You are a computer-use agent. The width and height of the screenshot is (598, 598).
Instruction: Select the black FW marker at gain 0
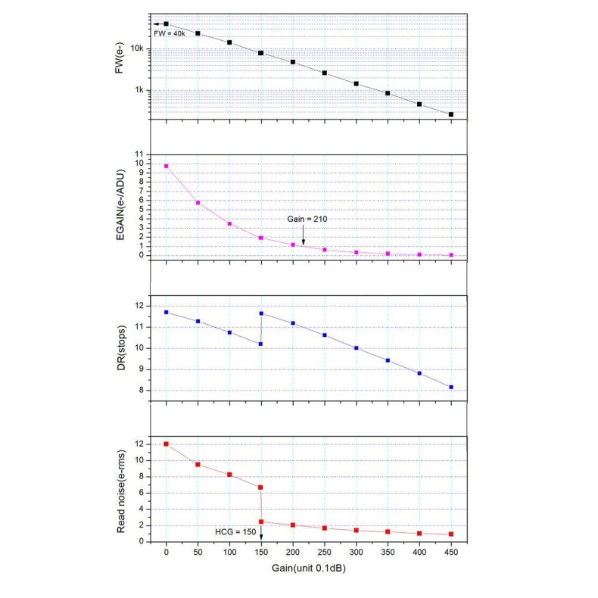point(166,24)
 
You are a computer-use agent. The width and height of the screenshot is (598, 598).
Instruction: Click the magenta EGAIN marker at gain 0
point(166,166)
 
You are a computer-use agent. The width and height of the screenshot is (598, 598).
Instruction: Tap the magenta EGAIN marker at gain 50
point(198,203)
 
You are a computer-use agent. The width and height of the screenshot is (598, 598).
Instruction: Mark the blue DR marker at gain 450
point(451,388)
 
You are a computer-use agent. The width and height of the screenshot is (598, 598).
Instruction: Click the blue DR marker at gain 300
point(356,348)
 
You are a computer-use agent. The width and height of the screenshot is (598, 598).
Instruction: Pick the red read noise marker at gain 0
point(166,444)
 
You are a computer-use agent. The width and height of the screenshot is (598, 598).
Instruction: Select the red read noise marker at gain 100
point(229,475)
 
